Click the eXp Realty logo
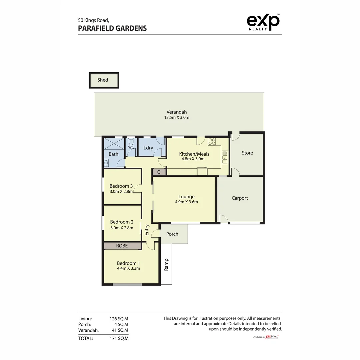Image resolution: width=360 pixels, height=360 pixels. pyautogui.click(x=263, y=22)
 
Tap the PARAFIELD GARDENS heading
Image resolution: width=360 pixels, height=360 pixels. pyautogui.click(x=112, y=28)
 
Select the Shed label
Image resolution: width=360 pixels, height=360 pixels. pyautogui.click(x=103, y=80)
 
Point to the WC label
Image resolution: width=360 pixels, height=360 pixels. pyautogui.click(x=131, y=147)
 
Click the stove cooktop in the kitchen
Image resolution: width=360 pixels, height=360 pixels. pyautogui.click(x=212, y=141)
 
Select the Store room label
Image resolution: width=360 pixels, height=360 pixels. pyautogui.click(x=247, y=153)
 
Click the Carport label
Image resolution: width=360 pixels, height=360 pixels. pyautogui.click(x=240, y=198)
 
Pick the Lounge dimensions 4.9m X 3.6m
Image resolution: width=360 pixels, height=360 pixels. pyautogui.click(x=186, y=202)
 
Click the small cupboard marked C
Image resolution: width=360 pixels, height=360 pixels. pyautogui.click(x=159, y=172)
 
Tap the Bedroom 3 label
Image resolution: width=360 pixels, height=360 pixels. pyautogui.click(x=121, y=186)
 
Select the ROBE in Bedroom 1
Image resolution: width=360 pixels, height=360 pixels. pyautogui.click(x=122, y=246)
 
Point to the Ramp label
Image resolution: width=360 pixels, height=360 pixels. pyautogui.click(x=166, y=265)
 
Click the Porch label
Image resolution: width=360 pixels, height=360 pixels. pyautogui.click(x=172, y=234)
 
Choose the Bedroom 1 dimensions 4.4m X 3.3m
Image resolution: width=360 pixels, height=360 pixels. pyautogui.click(x=128, y=268)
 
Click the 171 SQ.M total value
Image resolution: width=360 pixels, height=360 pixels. pyautogui.click(x=119, y=338)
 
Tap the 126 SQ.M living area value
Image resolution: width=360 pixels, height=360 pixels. pyautogui.click(x=119, y=319)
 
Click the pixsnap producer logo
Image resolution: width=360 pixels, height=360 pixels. pyautogui.click(x=272, y=337)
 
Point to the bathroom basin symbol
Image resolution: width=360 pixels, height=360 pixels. pyautogui.click(x=106, y=163)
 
